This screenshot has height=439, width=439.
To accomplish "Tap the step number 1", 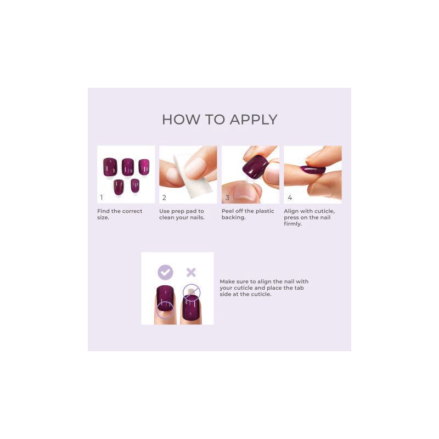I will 102,197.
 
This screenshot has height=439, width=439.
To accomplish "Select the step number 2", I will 164,197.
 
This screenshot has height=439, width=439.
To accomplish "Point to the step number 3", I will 227,197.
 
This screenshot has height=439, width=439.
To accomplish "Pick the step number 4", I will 289,197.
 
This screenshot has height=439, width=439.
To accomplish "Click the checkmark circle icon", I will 165,272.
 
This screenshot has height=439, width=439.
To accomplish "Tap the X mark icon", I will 191,272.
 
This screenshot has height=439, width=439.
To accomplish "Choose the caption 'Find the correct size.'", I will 120,214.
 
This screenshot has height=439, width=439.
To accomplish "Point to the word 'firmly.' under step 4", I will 293,224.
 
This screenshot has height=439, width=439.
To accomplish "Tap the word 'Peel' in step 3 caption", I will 228,211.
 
